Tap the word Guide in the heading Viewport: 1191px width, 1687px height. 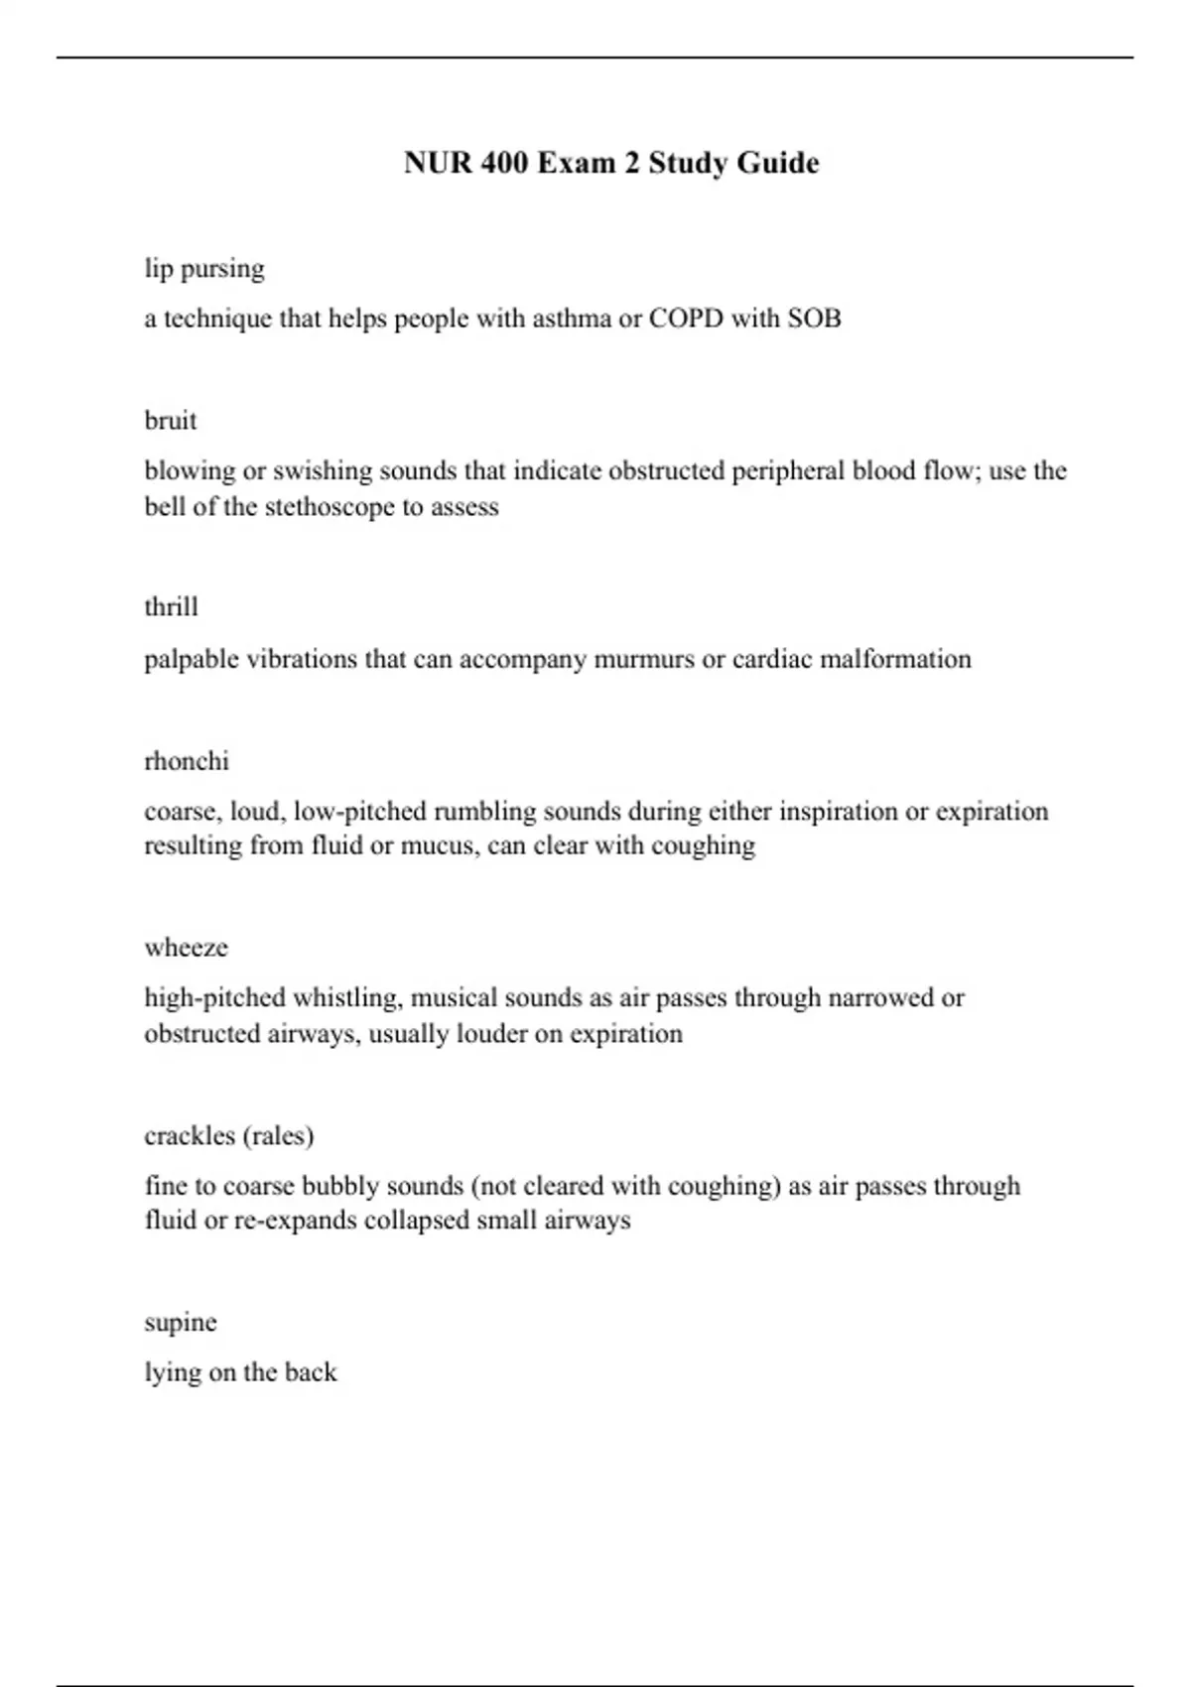pos(777,163)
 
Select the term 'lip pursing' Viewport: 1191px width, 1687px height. pos(204,269)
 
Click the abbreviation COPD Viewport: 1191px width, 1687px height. pos(686,319)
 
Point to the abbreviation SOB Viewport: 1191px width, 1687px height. pos(814,319)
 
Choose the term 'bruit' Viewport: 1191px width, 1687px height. pos(171,421)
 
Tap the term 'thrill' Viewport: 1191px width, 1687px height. pos(171,606)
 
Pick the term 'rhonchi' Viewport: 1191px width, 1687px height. pos(187,761)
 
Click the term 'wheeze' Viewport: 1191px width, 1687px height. pos(187,948)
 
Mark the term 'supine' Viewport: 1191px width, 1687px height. pos(181,1323)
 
